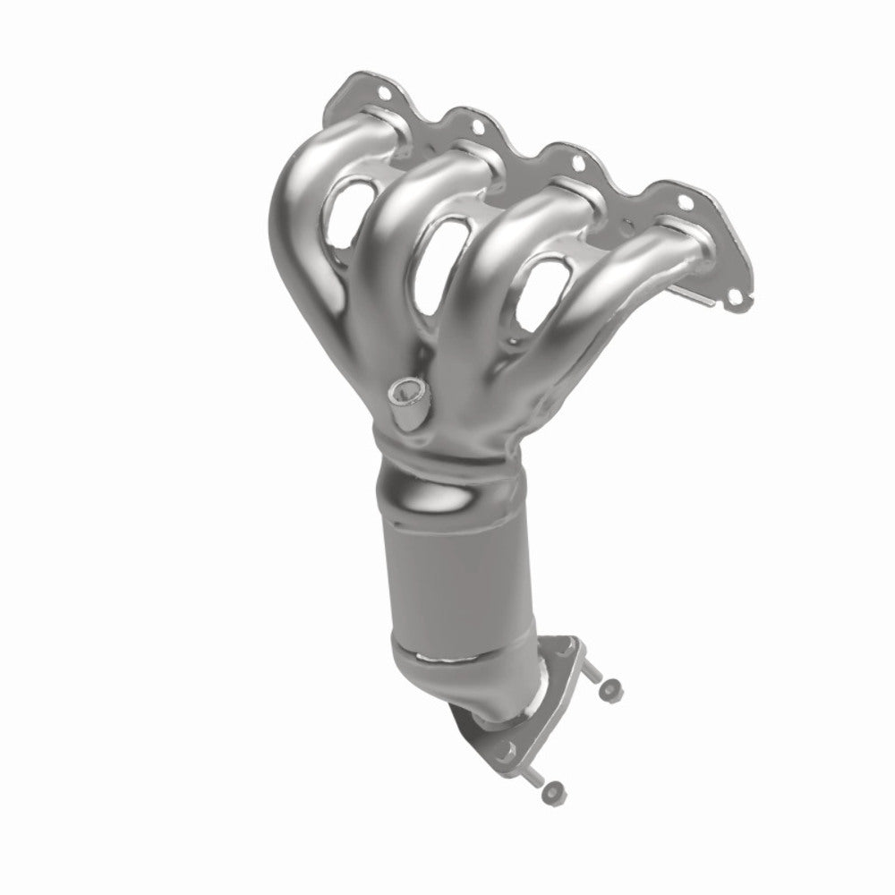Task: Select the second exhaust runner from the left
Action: tap(394, 233)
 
